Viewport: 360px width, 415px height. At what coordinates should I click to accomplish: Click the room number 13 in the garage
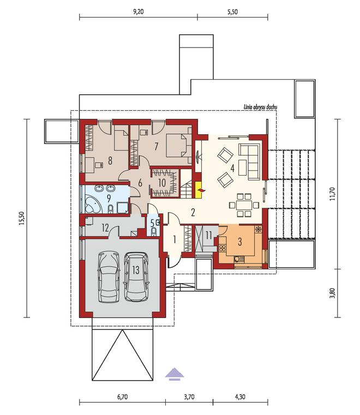click(x=136, y=270)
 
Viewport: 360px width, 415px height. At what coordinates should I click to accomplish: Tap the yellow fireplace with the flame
click(x=199, y=189)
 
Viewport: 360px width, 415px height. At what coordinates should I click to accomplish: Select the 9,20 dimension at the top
click(x=139, y=11)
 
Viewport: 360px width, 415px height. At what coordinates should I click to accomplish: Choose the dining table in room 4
click(x=244, y=205)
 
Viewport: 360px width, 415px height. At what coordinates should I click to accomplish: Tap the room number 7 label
click(x=156, y=146)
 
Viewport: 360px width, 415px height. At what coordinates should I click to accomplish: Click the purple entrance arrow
click(x=175, y=374)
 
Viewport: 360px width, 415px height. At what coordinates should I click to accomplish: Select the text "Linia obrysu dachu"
click(x=260, y=107)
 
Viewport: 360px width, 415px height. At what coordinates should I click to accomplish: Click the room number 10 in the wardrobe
click(x=162, y=183)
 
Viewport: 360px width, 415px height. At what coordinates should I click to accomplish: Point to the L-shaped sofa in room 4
click(x=249, y=161)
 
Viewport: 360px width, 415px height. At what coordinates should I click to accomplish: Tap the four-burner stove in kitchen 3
click(x=223, y=248)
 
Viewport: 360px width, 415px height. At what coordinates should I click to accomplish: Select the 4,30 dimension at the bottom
click(x=240, y=397)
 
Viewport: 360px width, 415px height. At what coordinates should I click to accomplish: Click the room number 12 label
click(x=105, y=227)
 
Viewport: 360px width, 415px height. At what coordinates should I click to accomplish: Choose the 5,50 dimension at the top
click(x=232, y=11)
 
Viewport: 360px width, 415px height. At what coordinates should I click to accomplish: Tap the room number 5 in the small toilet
click(x=152, y=223)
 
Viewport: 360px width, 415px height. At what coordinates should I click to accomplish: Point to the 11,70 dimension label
click(x=333, y=194)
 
